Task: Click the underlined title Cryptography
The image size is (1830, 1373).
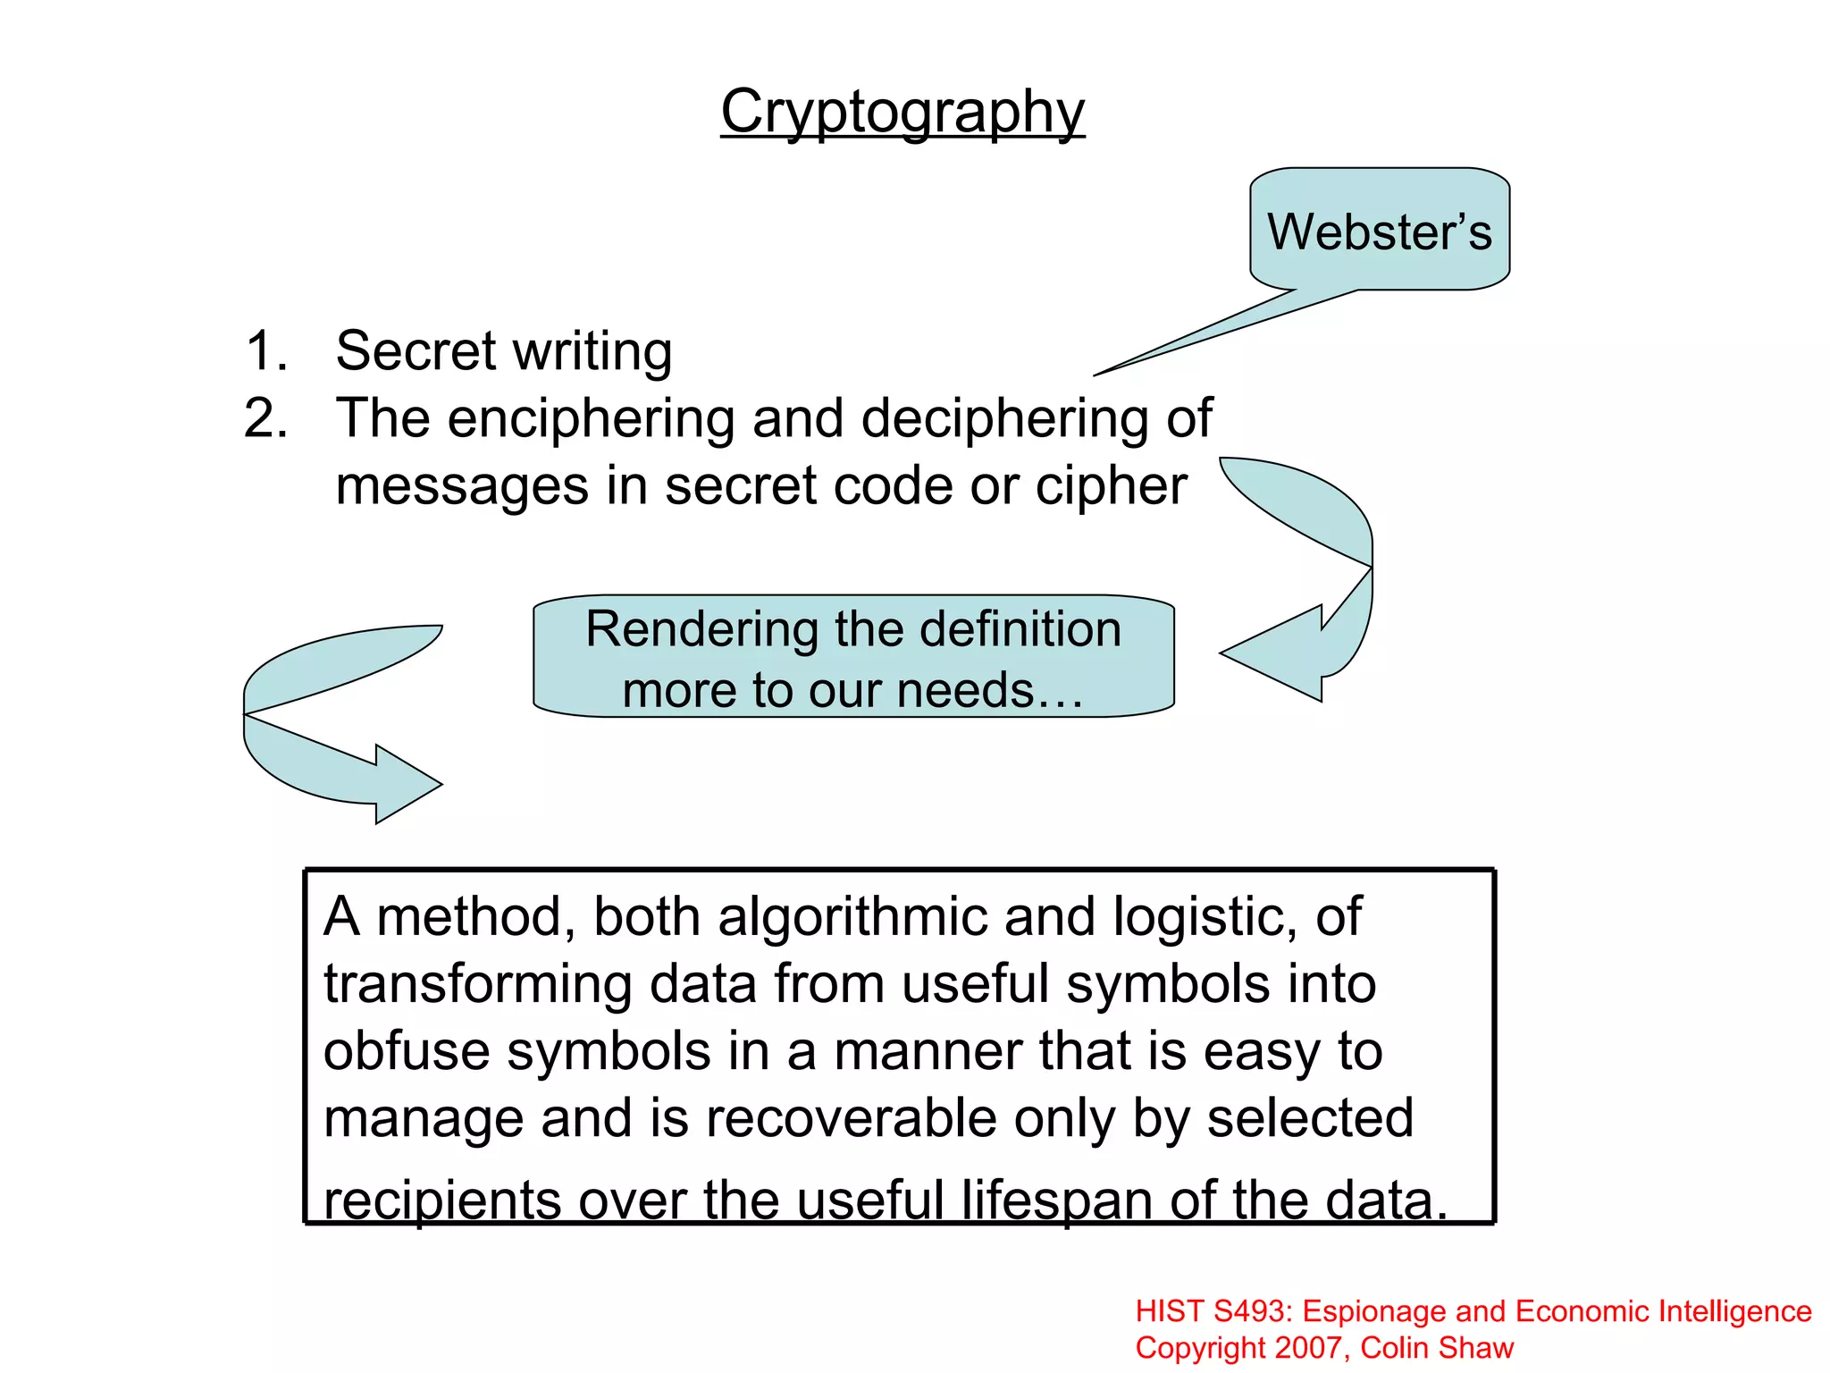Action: pyautogui.click(x=902, y=113)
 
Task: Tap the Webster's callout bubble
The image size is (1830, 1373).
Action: pyautogui.click(x=1379, y=232)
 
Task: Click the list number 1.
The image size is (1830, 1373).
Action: pyautogui.click(x=265, y=350)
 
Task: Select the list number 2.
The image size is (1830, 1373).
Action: pyautogui.click(x=265, y=418)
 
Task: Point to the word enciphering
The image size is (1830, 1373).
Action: pyautogui.click(x=591, y=418)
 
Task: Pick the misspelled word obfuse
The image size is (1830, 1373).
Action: pyautogui.click(x=406, y=1051)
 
